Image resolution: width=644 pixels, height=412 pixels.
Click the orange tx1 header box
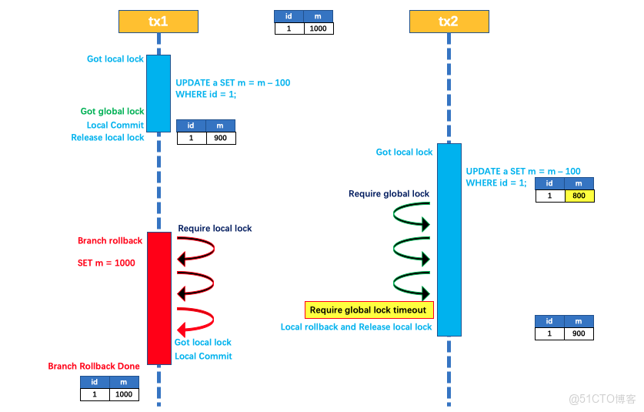(x=158, y=22)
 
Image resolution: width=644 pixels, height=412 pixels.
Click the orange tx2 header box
(x=448, y=22)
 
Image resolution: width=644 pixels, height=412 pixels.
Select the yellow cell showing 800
(x=579, y=196)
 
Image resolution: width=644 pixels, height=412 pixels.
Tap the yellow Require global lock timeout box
(x=369, y=310)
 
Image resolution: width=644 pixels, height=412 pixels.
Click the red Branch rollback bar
(x=158, y=297)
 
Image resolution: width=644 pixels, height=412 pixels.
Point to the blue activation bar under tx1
(x=158, y=93)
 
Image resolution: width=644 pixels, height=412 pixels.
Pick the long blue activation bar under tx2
(x=449, y=239)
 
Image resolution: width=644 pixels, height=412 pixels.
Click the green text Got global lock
(x=112, y=112)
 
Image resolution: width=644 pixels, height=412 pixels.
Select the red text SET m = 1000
(x=106, y=263)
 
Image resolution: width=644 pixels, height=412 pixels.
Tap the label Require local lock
(x=215, y=229)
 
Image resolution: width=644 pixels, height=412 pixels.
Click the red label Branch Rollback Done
(x=94, y=367)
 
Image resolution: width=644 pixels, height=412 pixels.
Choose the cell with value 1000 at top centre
(x=319, y=28)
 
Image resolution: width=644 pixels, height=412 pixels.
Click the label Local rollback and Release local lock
(x=356, y=327)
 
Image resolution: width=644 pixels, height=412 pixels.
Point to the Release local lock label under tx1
(x=108, y=138)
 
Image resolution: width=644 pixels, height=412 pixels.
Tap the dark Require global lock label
(x=389, y=194)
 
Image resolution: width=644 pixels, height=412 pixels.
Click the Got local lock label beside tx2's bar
(x=404, y=152)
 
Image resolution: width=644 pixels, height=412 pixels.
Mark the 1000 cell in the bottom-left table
(x=123, y=394)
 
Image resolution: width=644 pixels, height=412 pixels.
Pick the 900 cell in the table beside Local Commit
(x=221, y=138)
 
